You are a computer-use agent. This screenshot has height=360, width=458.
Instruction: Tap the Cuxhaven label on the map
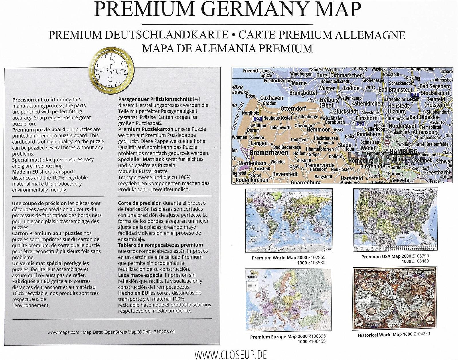(x=271, y=98)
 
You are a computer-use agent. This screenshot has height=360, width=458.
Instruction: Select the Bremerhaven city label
(x=269, y=153)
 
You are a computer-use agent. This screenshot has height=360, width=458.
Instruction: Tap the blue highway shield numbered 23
(x=360, y=124)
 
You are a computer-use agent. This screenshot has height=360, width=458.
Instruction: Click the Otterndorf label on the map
(x=293, y=108)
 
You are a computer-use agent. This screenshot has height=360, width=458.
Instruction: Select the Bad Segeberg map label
(x=435, y=86)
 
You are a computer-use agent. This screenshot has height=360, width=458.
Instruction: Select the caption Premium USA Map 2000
(x=386, y=256)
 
